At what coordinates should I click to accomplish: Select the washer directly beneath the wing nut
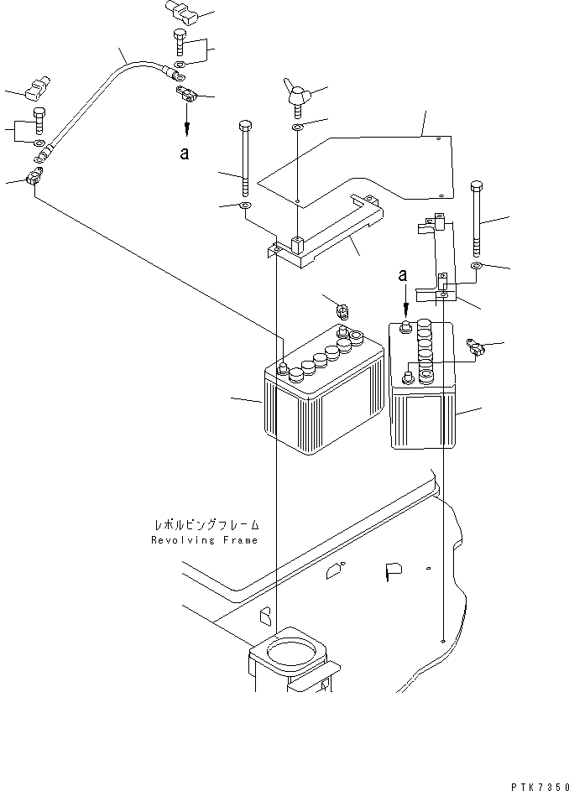tap(298, 127)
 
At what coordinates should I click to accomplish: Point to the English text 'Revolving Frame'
tap(205, 540)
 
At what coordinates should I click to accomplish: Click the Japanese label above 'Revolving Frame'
tap(206, 525)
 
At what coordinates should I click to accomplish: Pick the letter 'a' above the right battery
tap(404, 274)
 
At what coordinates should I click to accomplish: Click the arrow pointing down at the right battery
tap(406, 299)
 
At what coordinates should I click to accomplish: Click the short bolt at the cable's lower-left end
tap(39, 123)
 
